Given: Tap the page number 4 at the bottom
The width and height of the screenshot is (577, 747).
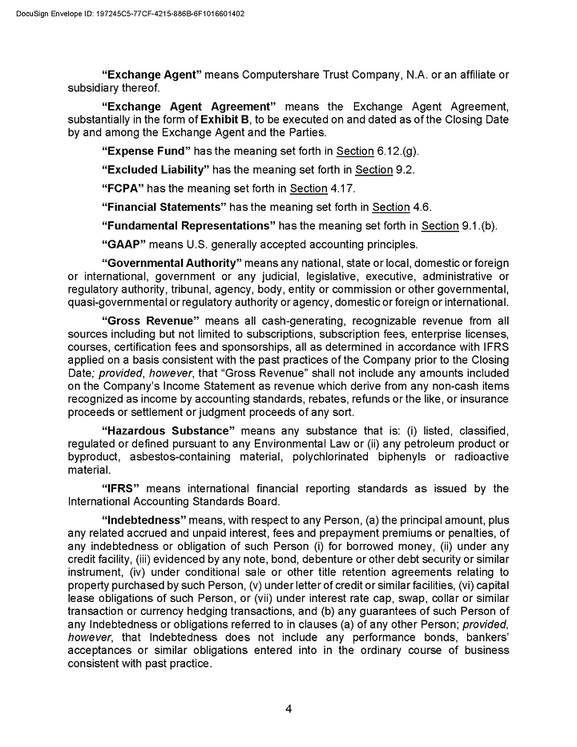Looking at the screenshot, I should coord(288,709).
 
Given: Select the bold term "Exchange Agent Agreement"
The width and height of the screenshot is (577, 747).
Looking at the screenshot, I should coord(189,107).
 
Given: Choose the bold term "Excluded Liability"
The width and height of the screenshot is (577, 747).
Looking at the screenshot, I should coord(155,170).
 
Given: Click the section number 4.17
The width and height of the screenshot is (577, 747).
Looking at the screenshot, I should coord(343,188).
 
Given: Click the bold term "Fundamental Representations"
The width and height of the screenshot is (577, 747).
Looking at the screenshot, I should coord(188,226).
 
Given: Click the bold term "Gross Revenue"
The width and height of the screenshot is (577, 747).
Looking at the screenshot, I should coord(151,321).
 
